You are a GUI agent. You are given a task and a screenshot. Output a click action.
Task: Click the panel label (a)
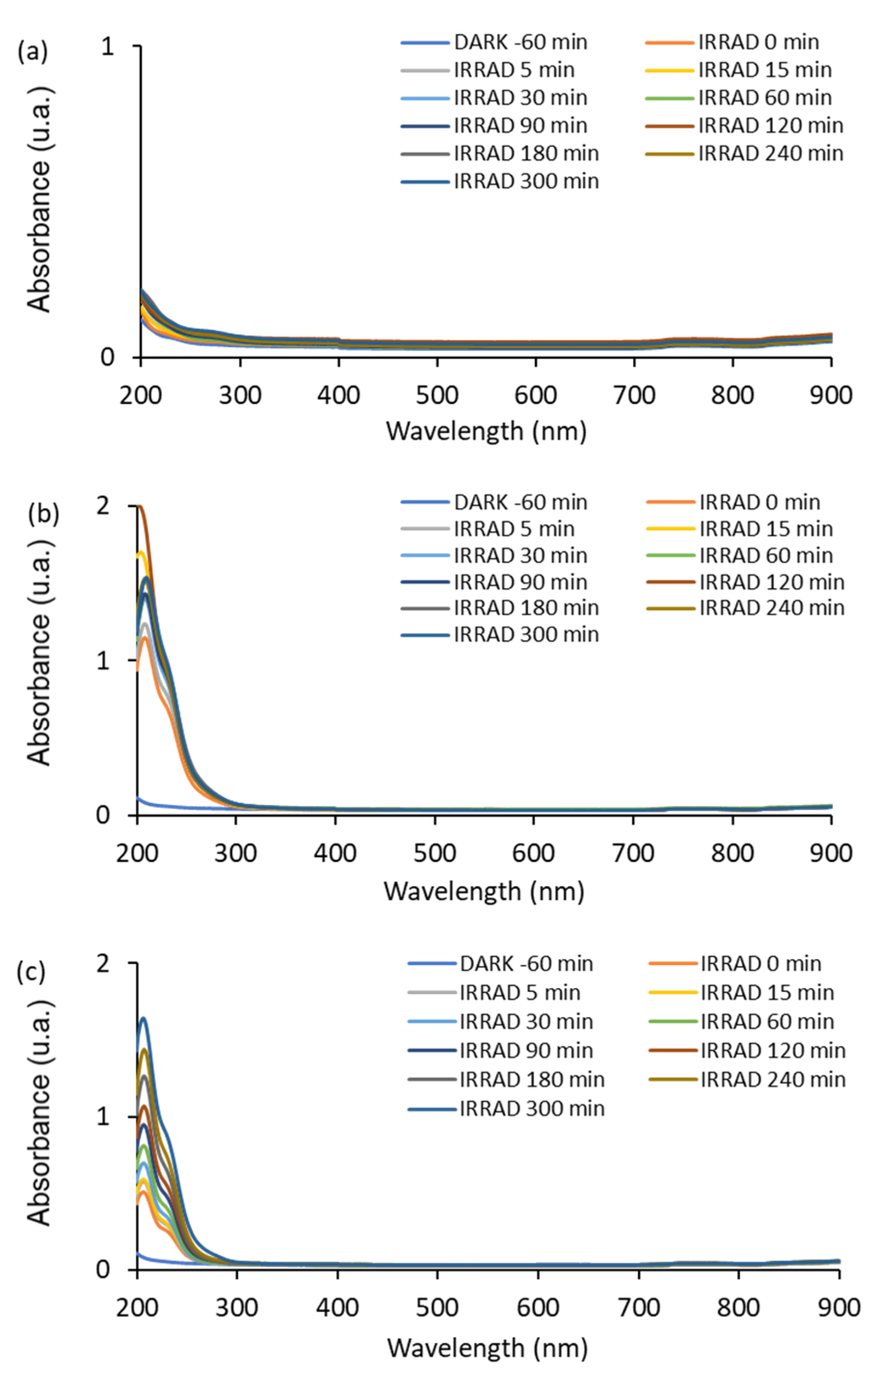coord(33,52)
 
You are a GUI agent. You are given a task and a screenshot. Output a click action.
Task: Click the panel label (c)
coord(31,971)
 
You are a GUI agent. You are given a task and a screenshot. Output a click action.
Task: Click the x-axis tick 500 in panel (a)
coord(437,395)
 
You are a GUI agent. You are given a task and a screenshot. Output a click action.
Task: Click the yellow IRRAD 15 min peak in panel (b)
coord(140,554)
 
